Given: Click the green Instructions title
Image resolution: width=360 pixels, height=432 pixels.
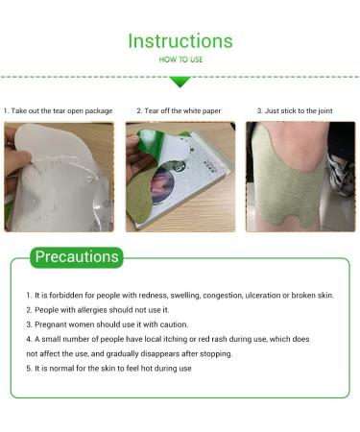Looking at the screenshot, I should pyautogui.click(x=180, y=41).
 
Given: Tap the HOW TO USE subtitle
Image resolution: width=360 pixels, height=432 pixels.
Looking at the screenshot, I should pyautogui.click(x=180, y=60).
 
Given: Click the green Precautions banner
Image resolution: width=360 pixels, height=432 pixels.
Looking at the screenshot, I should pyautogui.click(x=77, y=257).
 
